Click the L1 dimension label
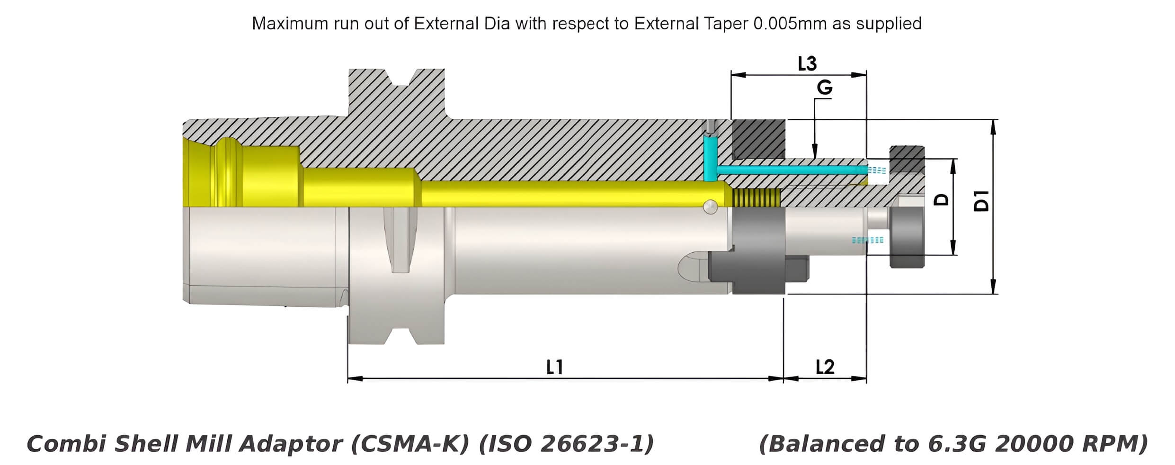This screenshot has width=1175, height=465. (x=554, y=367)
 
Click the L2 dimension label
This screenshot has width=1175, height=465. (x=825, y=367)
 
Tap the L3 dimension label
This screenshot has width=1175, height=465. (x=807, y=63)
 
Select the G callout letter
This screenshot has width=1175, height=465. (x=824, y=88)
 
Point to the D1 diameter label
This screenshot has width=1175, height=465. (x=982, y=201)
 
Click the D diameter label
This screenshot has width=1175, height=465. (x=942, y=199)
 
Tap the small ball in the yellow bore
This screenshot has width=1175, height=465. (x=710, y=206)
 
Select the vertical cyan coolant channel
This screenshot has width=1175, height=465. (x=710, y=159)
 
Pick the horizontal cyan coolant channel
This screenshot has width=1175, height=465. (x=791, y=170)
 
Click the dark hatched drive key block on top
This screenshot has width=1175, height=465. (x=758, y=139)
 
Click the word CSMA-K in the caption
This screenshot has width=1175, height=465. (x=410, y=444)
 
